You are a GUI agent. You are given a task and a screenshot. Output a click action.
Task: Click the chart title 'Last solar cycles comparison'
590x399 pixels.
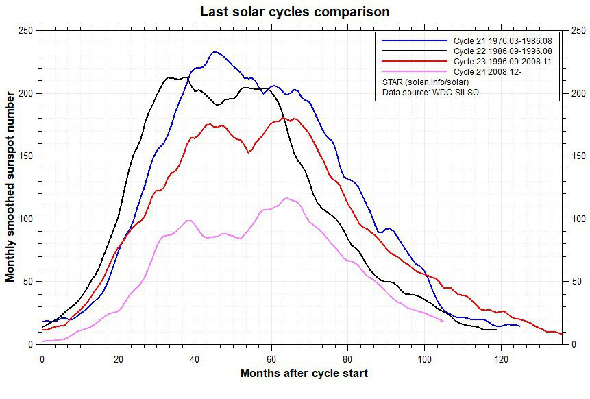(295, 12)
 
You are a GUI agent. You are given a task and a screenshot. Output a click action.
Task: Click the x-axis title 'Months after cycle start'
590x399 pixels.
(304, 374)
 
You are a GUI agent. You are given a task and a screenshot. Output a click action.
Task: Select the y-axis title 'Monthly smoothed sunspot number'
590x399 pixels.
(10, 187)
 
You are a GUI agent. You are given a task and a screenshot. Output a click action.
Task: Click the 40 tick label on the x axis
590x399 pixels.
(195, 357)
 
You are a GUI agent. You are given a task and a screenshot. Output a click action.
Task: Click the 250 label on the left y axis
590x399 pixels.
(25, 31)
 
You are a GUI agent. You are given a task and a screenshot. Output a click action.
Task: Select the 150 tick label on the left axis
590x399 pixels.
(25, 156)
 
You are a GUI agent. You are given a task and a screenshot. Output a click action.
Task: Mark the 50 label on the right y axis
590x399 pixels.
(575, 281)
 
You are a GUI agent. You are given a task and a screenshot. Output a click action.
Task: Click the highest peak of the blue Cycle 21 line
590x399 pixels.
(215, 51)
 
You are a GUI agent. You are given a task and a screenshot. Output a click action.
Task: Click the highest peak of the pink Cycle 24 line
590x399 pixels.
(286, 198)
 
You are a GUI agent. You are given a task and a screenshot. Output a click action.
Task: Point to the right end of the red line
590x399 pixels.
(562, 334)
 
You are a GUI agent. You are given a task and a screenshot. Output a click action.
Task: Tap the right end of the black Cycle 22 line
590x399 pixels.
(497, 330)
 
